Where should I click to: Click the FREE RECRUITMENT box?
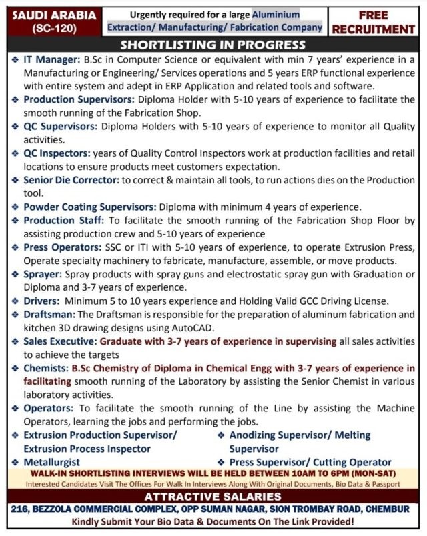point(374,22)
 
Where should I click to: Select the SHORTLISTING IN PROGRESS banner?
point(213,45)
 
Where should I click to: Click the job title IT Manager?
point(50,59)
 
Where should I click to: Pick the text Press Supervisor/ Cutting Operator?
point(310,462)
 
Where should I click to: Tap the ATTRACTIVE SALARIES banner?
point(213,496)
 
